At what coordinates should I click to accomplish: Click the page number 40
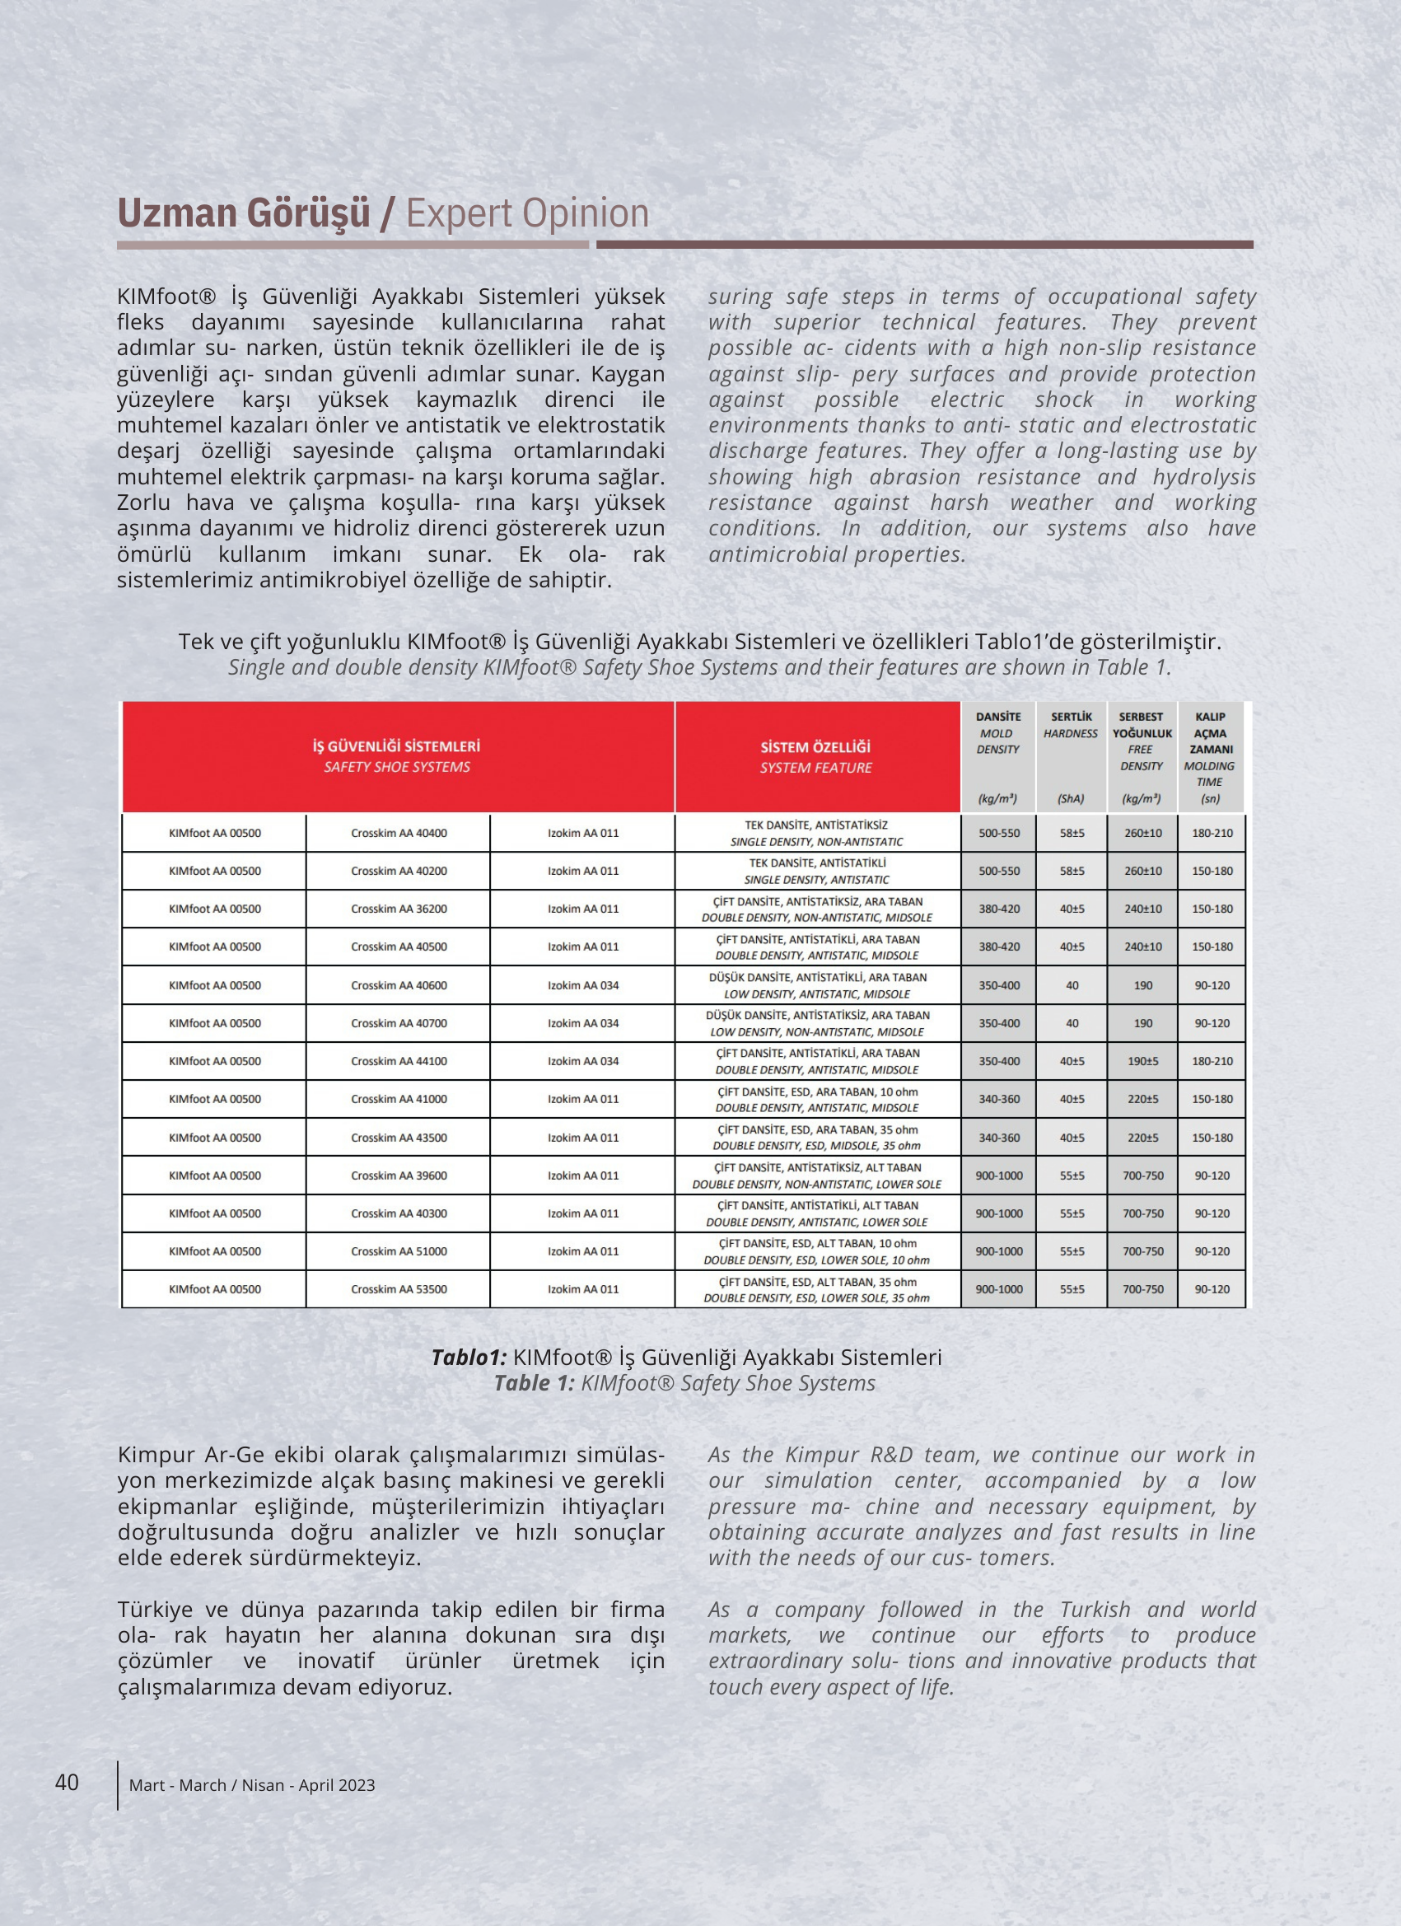(67, 1782)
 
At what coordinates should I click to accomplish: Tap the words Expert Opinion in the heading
(527, 213)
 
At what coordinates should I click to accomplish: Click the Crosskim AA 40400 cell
(398, 833)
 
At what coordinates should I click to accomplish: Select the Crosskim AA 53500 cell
(398, 1289)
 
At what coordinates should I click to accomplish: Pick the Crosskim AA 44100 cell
(398, 1061)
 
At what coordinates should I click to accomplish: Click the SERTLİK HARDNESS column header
(1071, 755)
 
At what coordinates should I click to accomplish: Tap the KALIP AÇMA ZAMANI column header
(1210, 755)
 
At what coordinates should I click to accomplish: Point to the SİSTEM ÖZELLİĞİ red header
(816, 756)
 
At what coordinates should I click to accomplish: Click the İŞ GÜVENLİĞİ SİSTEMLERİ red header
(396, 755)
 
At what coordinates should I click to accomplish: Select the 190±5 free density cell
(1143, 1061)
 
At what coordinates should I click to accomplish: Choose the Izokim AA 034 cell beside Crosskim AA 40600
(583, 985)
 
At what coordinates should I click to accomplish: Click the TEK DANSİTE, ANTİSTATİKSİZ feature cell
(816, 833)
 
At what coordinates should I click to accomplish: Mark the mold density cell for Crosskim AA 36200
(998, 909)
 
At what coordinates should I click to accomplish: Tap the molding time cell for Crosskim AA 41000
(1212, 1099)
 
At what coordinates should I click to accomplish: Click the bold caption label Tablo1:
(469, 1357)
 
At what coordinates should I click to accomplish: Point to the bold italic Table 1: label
(534, 1383)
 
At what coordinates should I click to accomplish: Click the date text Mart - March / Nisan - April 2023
(252, 1785)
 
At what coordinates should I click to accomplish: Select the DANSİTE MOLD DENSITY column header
(997, 755)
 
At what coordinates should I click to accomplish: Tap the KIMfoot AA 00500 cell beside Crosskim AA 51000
(215, 1250)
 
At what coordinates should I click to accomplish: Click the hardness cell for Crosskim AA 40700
(1072, 1023)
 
